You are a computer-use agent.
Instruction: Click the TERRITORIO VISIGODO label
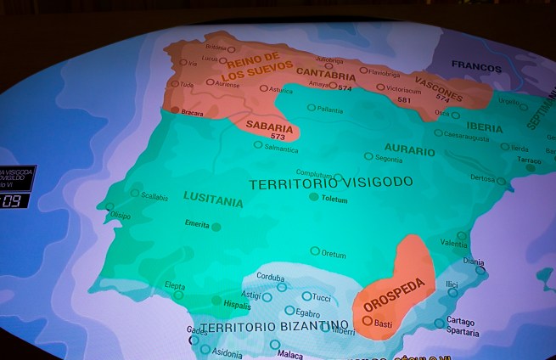[x=331, y=183]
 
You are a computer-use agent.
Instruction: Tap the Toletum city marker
[x=314, y=196]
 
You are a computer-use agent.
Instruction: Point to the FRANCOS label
[x=476, y=65]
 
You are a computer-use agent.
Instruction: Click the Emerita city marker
[x=216, y=227]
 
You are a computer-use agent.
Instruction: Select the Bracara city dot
[x=174, y=110]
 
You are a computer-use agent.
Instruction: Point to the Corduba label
[x=270, y=277]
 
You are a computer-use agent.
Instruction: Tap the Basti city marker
[x=367, y=321]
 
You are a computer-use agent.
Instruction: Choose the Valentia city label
[x=453, y=245]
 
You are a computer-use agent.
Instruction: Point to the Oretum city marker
[x=315, y=251]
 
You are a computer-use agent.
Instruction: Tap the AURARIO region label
[x=409, y=149]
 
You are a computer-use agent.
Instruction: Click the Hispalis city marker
[x=217, y=300]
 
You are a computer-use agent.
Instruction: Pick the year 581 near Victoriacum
[x=404, y=99]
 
